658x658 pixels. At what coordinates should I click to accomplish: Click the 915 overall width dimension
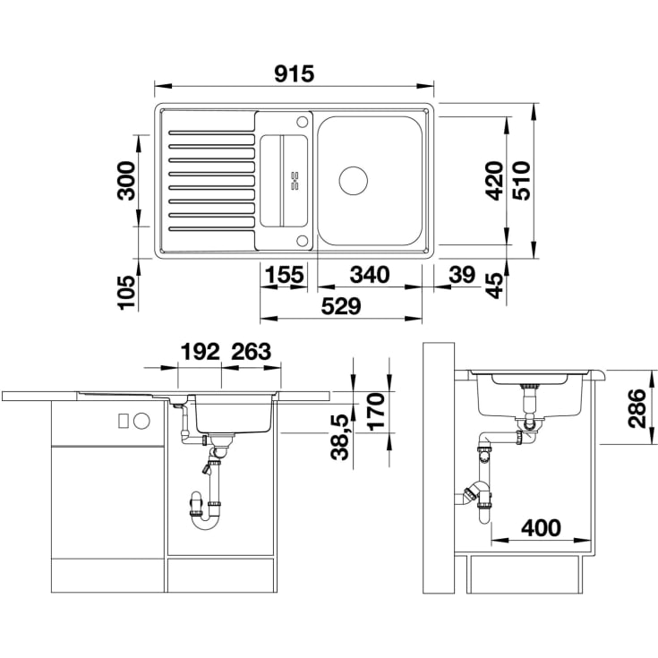(x=295, y=73)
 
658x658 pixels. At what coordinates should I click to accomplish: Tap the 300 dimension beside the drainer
(x=127, y=181)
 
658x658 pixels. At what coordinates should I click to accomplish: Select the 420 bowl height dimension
(x=494, y=181)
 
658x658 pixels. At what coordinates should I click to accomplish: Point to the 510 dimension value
(x=522, y=181)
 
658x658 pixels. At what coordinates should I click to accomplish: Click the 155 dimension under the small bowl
(x=285, y=275)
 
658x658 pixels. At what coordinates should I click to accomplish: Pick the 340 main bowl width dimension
(x=370, y=275)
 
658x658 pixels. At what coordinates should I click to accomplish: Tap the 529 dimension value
(x=341, y=306)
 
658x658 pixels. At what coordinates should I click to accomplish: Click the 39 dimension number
(x=462, y=275)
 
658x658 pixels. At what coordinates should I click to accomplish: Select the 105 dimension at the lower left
(x=127, y=293)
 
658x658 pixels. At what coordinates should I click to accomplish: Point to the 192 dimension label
(x=201, y=352)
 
